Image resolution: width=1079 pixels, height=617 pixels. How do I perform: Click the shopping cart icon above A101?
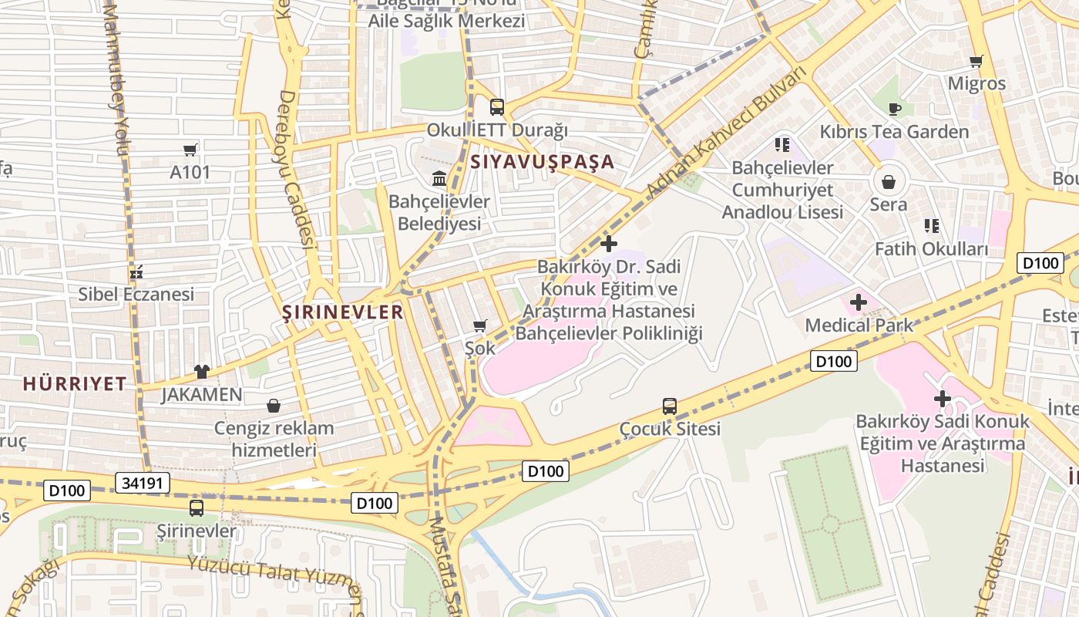click(x=190, y=150)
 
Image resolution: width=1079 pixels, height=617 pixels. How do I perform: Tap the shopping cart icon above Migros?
click(x=976, y=61)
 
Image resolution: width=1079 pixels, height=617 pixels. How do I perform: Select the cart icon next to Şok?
click(x=480, y=326)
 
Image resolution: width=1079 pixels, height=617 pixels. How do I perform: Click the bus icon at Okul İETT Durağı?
click(x=497, y=107)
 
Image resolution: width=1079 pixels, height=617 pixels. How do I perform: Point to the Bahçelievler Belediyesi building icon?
click(x=439, y=180)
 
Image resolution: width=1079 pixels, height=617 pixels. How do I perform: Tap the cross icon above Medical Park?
click(x=859, y=302)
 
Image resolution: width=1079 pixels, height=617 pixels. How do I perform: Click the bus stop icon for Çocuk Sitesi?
click(x=670, y=406)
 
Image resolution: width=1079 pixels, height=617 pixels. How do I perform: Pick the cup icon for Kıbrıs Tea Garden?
click(x=894, y=109)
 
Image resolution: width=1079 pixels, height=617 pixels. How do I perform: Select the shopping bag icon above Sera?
click(x=889, y=182)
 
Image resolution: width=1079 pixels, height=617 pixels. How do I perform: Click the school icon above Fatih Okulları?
click(x=932, y=226)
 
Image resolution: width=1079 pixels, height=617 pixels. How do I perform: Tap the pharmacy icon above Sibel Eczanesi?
click(x=136, y=271)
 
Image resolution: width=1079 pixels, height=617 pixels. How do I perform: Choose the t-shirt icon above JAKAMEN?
click(x=202, y=372)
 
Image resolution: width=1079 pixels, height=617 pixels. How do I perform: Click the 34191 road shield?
click(x=142, y=484)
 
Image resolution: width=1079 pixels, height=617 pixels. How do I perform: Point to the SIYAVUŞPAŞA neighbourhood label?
click(x=542, y=162)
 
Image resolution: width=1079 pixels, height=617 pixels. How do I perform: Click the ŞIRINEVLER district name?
click(x=342, y=312)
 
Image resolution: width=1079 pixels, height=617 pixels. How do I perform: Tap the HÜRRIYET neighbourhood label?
click(x=74, y=384)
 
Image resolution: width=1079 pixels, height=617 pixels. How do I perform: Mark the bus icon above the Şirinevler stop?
click(x=197, y=508)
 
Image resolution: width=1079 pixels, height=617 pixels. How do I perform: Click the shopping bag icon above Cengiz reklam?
click(x=274, y=406)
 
